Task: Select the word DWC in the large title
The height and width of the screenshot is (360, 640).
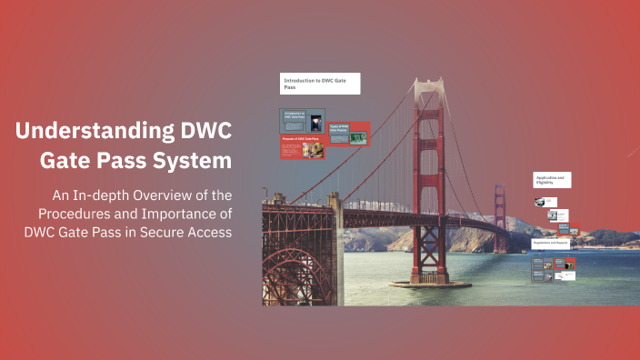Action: (204, 131)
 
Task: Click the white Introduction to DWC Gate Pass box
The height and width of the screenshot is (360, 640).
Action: (320, 84)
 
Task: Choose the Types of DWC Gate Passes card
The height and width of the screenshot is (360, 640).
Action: (349, 134)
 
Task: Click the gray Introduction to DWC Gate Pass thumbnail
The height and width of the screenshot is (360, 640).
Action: (302, 121)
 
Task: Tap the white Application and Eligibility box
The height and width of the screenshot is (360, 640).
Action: (552, 180)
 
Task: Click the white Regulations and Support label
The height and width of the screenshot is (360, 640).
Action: (553, 245)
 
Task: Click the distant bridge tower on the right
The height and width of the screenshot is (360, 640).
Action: (499, 209)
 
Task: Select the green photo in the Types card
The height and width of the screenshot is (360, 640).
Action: (358, 138)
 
